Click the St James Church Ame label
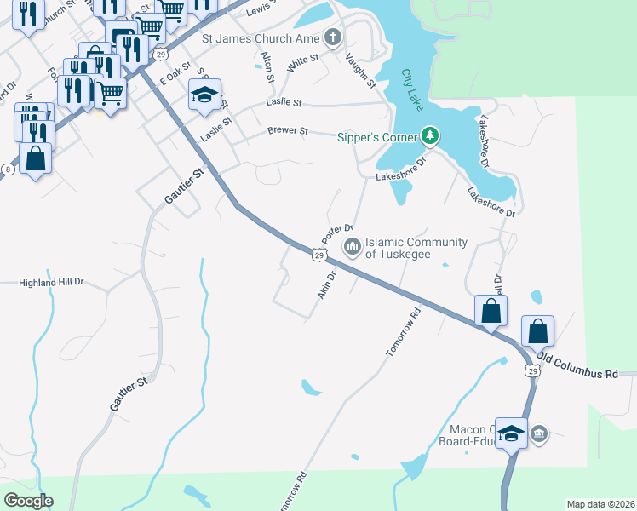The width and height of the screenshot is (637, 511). [x=260, y=38]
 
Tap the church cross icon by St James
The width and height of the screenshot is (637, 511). [x=332, y=38]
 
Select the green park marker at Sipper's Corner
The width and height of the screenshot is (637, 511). [x=431, y=136]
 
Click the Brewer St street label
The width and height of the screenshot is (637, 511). [x=286, y=130]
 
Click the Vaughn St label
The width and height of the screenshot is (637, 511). [x=360, y=71]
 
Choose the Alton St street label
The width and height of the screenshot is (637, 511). [x=268, y=66]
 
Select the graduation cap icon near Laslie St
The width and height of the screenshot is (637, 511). [x=205, y=95]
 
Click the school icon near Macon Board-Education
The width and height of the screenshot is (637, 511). [x=510, y=434]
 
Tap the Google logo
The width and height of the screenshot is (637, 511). [x=28, y=501]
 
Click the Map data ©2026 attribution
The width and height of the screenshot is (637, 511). [x=600, y=504]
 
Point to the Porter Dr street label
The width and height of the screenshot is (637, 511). [x=336, y=231]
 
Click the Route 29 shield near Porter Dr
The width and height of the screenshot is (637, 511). [x=318, y=255]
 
